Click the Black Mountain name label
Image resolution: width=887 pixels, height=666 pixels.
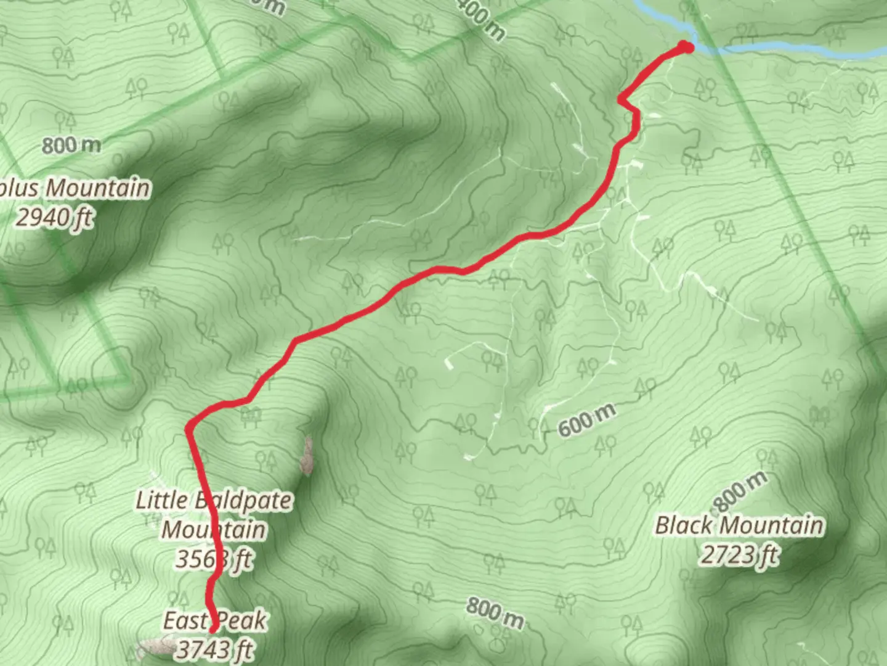coord(739,525)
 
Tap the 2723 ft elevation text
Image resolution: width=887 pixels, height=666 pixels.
coord(739,555)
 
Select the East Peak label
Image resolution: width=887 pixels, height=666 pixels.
coord(214,620)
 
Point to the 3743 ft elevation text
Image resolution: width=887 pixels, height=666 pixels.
coord(214,649)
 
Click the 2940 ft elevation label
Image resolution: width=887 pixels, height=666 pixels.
coord(54,217)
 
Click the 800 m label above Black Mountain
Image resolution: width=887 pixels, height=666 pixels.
coord(741,490)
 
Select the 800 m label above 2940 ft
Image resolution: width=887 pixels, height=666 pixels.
coord(71,146)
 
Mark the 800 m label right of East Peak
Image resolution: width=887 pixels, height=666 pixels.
coord(495,612)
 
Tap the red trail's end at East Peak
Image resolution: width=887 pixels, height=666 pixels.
coord(213,629)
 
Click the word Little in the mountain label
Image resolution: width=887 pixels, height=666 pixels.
coord(161,499)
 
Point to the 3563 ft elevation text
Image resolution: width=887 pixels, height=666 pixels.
coord(213,559)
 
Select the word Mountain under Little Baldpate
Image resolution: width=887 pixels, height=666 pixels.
coord(213,530)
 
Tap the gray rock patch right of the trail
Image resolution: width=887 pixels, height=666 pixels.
coord(306,456)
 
